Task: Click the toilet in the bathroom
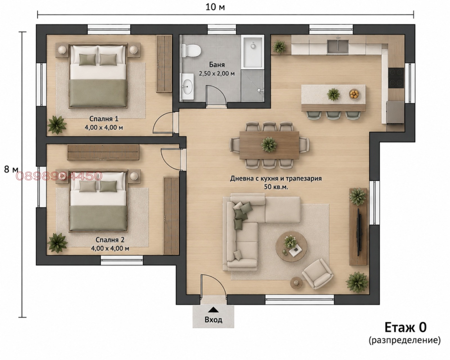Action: tap(191, 50)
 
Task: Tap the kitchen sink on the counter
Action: tap(338, 46)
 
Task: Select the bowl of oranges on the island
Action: tap(354, 94)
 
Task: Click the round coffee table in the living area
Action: tap(291, 246)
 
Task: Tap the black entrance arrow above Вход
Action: tap(213, 310)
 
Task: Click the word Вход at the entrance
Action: tap(213, 320)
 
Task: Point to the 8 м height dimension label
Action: tap(11, 169)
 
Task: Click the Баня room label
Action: tap(217, 65)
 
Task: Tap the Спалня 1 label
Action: tap(104, 119)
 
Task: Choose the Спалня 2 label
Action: tap(110, 240)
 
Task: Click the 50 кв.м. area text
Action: tap(276, 187)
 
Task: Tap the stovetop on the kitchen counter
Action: tap(396, 78)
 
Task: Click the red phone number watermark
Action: tap(59, 176)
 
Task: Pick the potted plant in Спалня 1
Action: tap(57, 125)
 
